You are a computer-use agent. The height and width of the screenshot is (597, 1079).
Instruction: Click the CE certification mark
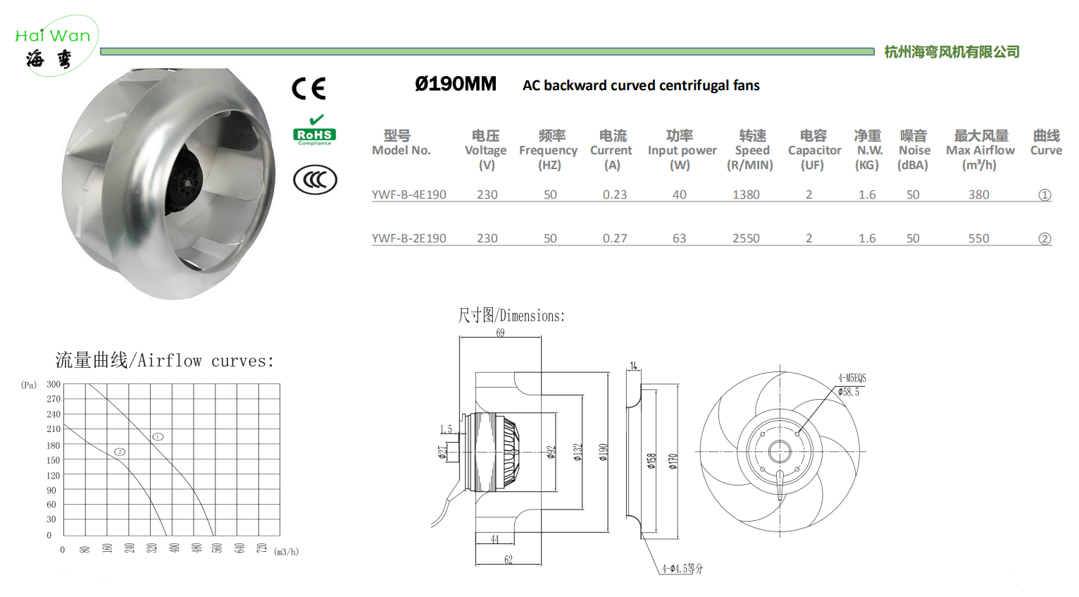(308, 88)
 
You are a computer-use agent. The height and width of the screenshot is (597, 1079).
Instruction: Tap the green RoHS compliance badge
(315, 130)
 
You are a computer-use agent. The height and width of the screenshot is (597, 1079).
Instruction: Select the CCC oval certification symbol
(315, 180)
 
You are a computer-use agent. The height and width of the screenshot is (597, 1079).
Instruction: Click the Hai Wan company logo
(56, 46)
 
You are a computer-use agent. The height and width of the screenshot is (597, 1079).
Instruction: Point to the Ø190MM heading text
(455, 85)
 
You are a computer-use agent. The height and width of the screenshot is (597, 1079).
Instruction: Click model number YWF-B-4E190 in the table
(409, 195)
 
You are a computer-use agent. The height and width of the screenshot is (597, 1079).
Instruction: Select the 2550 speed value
(746, 238)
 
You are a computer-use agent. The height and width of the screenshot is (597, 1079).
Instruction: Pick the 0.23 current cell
(615, 195)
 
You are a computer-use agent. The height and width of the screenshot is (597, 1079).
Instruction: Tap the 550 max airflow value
(979, 238)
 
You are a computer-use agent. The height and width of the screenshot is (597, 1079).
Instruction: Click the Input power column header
(682, 150)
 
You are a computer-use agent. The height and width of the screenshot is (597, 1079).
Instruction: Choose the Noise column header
(913, 150)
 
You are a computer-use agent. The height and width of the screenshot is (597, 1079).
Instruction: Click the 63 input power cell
(679, 238)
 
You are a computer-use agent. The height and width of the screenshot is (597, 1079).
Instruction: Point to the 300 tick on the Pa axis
(54, 384)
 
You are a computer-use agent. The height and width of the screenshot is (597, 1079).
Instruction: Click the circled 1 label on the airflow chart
(158, 437)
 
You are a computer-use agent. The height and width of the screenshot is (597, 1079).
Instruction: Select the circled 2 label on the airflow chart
(120, 452)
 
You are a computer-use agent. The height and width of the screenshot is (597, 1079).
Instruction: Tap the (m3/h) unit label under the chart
(286, 552)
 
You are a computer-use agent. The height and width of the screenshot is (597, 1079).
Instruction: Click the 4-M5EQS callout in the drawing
(852, 378)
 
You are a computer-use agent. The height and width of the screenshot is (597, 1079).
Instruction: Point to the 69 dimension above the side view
(501, 333)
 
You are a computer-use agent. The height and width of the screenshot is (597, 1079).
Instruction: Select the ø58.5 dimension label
(848, 392)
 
